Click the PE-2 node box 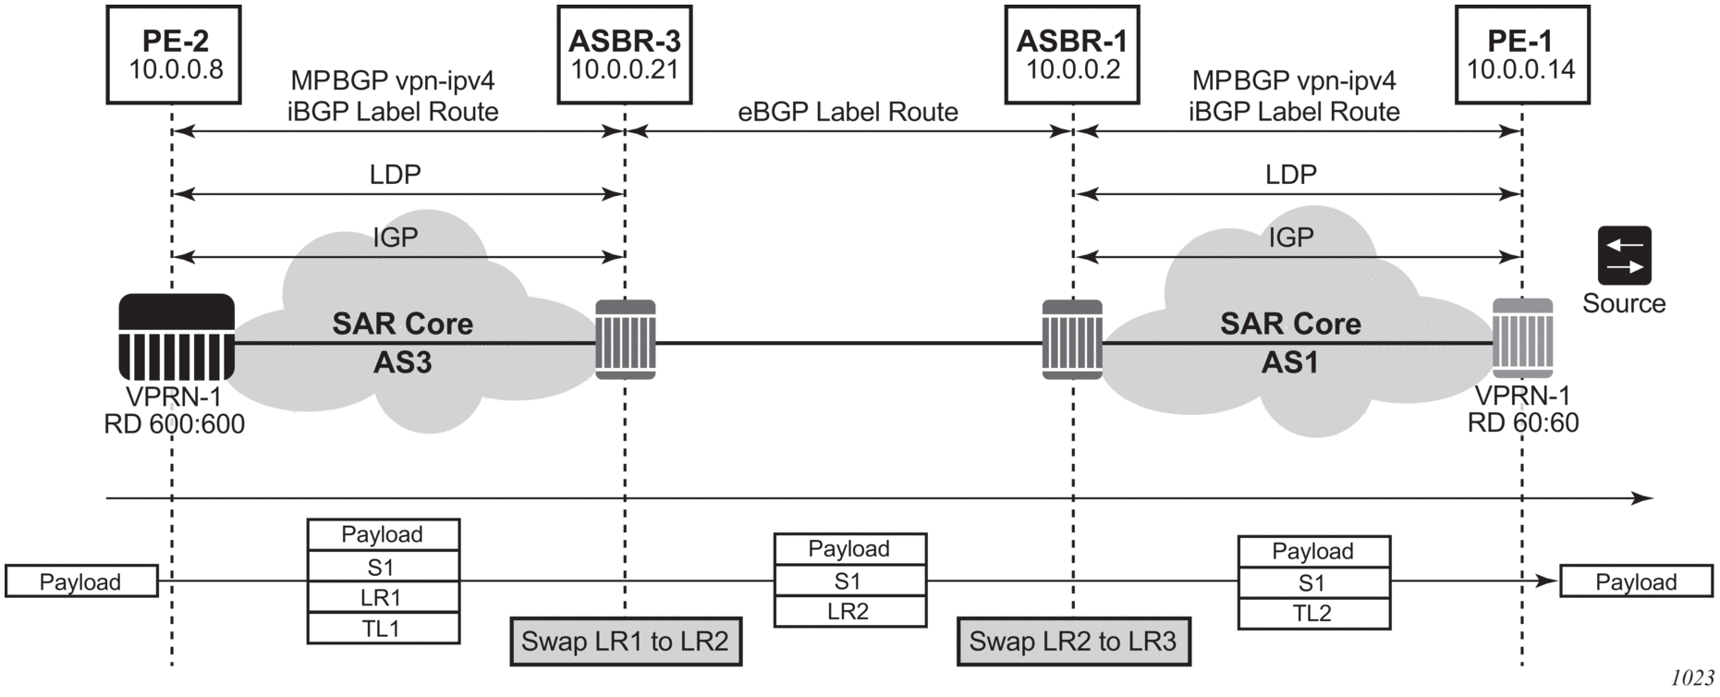pyautogui.click(x=175, y=54)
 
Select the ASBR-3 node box pyautogui.click(x=625, y=54)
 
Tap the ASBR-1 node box pyautogui.click(x=1072, y=54)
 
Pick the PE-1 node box pyautogui.click(x=1521, y=54)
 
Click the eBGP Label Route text pyautogui.click(x=848, y=112)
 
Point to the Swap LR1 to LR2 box pyautogui.click(x=626, y=642)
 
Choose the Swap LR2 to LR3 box pyautogui.click(x=1073, y=642)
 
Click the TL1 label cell pyautogui.click(x=384, y=629)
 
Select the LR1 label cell pyautogui.click(x=384, y=597)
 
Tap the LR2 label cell pyautogui.click(x=849, y=611)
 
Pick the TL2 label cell pyautogui.click(x=1313, y=613)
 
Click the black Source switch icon pyautogui.click(x=1624, y=256)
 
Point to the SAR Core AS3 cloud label pyautogui.click(x=403, y=343)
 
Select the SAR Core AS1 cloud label pyautogui.click(x=1290, y=343)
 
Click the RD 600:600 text pyautogui.click(x=175, y=424)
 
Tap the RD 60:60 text pyautogui.click(x=1523, y=423)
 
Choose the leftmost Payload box pyautogui.click(x=81, y=581)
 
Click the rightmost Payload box pyautogui.click(x=1636, y=581)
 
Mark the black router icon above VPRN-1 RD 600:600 pyautogui.click(x=177, y=337)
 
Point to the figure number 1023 pyautogui.click(x=1692, y=679)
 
